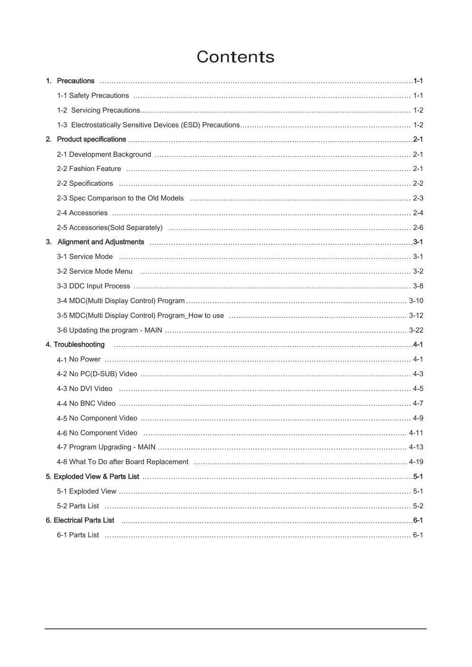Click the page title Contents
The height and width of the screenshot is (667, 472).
pos(235,57)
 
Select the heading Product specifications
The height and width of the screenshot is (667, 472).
pos(91,139)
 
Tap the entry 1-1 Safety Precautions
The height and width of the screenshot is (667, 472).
pos(93,95)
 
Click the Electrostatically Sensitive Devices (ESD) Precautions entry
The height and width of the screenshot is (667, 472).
pos(148,125)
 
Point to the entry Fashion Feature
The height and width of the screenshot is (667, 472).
pos(89,169)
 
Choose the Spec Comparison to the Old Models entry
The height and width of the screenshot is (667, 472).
pos(120,198)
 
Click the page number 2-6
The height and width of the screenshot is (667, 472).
pos(418,228)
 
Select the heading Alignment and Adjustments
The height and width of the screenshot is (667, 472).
pos(100,242)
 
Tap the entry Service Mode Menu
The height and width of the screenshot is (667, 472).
pos(95,271)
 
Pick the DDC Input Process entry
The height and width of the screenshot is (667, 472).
pos(93,286)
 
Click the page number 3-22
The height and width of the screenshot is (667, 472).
pos(416,330)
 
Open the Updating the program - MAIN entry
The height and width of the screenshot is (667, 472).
pos(109,330)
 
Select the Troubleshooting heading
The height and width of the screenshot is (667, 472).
pos(75,344)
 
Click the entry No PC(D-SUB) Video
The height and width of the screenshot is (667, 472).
pos(97,374)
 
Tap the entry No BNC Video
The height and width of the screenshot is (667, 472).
pos(86,403)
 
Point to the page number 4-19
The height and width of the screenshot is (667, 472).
pos(416,462)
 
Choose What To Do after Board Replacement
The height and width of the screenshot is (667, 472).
pos(123,462)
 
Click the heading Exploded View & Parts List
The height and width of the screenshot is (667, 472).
pos(92,476)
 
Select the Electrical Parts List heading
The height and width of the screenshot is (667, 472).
pos(80,520)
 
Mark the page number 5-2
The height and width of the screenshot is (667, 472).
pos(418,506)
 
